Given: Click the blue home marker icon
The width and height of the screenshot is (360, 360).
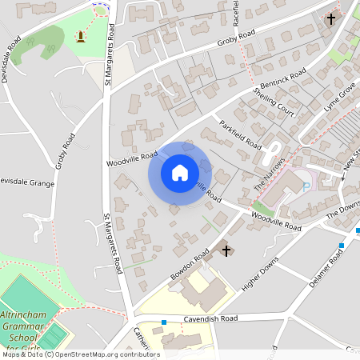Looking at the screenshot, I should (x=179, y=172).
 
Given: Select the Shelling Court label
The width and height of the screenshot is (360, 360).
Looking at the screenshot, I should (x=274, y=102).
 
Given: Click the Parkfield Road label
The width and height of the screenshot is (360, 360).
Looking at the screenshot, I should (x=240, y=135).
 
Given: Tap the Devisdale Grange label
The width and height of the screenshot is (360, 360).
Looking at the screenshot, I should (x=26, y=182).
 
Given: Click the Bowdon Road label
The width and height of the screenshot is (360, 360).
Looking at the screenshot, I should (x=190, y=264).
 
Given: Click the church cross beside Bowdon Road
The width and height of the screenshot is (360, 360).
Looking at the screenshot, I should (x=226, y=251).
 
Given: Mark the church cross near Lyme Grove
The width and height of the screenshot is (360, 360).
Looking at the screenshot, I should (x=331, y=18).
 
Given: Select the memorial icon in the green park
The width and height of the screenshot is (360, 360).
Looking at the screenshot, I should (x=80, y=36).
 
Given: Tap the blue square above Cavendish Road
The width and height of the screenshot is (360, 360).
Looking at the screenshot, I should (x=164, y=322).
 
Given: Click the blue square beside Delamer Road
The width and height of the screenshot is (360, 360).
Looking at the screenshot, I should (x=342, y=245).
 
